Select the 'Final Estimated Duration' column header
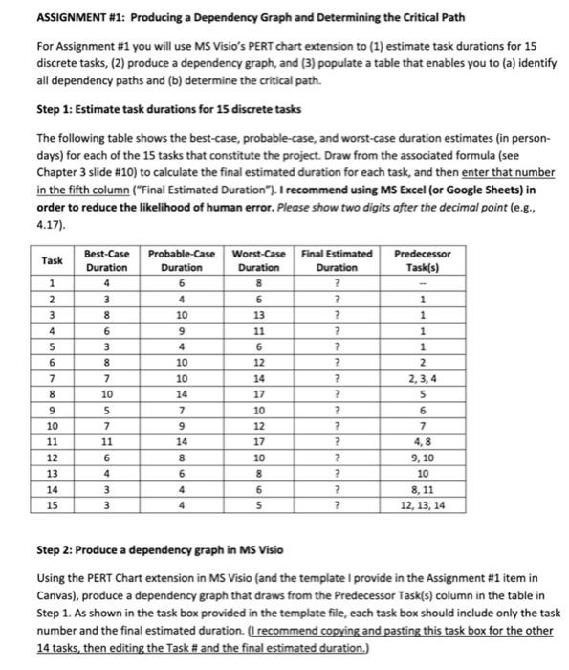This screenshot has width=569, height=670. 337,260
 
